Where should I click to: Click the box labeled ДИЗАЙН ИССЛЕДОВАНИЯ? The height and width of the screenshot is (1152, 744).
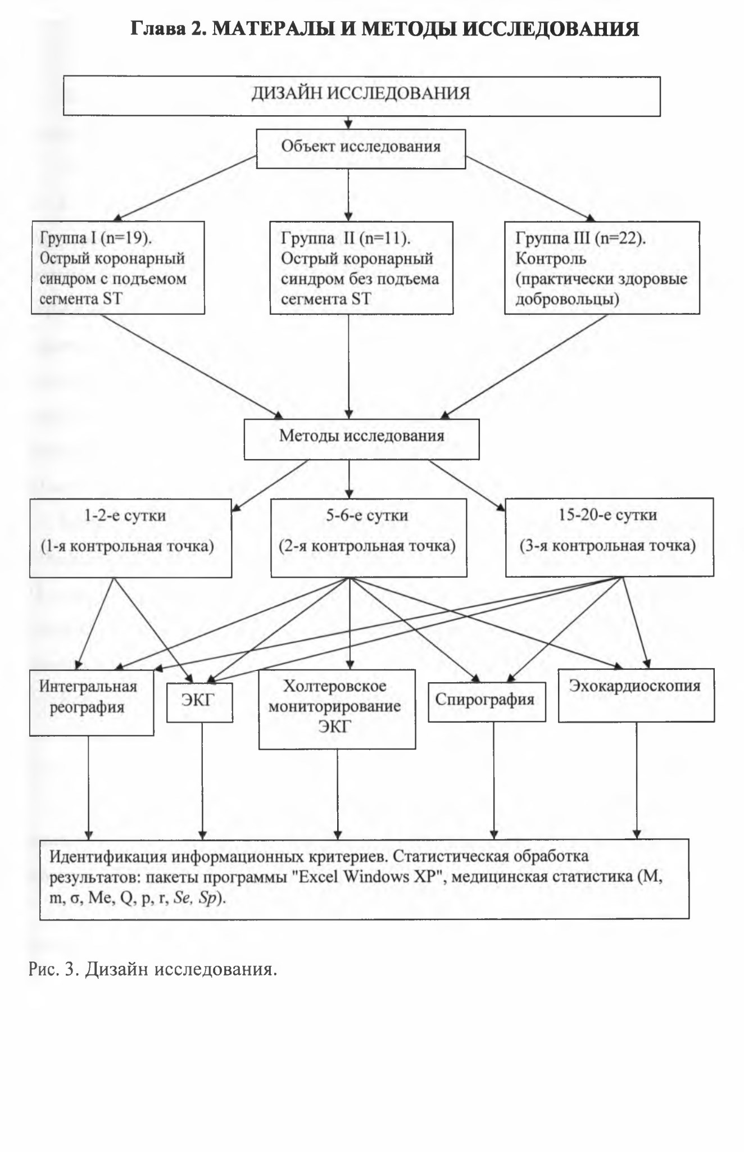(x=361, y=96)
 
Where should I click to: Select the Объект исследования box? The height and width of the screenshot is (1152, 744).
(x=361, y=149)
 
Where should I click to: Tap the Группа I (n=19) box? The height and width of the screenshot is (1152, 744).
(x=118, y=267)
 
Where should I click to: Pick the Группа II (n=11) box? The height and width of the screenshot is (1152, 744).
(x=361, y=267)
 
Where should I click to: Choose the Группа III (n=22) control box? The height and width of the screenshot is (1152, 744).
(x=602, y=267)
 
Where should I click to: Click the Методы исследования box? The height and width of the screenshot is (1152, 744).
(x=361, y=439)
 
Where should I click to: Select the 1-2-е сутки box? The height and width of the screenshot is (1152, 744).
(x=130, y=538)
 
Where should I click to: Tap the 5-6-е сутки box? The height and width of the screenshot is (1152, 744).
(x=369, y=538)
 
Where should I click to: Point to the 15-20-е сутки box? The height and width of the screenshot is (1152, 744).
(x=610, y=537)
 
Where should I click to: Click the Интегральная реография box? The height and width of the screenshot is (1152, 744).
(x=92, y=703)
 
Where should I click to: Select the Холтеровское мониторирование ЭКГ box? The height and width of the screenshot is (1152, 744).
(x=337, y=709)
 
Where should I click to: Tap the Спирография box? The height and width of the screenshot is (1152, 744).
(x=487, y=701)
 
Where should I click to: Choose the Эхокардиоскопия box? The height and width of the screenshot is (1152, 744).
(x=636, y=695)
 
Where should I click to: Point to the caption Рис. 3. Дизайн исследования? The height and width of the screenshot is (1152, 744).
(x=153, y=969)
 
